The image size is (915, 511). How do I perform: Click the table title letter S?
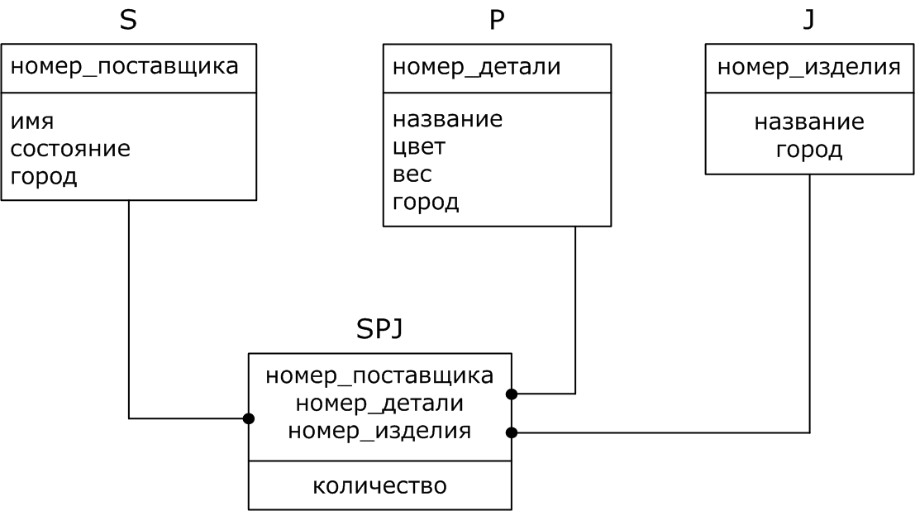128,20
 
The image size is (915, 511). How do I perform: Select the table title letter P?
496,20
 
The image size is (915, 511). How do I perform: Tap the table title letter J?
808,20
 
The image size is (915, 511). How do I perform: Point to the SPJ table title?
379,329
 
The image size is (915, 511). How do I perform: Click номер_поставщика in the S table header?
125,67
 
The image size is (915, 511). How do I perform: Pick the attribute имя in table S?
32,121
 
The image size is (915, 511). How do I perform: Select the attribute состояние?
70,149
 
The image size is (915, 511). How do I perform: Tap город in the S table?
44,177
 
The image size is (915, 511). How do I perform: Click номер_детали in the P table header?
476,67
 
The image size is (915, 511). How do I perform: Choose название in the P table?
447,119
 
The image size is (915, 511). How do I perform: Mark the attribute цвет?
419,147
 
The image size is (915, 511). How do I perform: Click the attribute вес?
412,174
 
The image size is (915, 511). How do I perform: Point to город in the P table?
426,203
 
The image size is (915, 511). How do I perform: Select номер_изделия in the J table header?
808,67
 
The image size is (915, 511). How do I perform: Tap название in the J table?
809,122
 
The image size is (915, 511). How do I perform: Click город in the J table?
809,150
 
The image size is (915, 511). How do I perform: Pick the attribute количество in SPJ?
379,485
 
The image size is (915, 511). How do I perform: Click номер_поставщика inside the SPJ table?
379,375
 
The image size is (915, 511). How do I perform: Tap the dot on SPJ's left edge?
248,418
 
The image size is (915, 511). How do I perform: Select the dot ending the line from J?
512,432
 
